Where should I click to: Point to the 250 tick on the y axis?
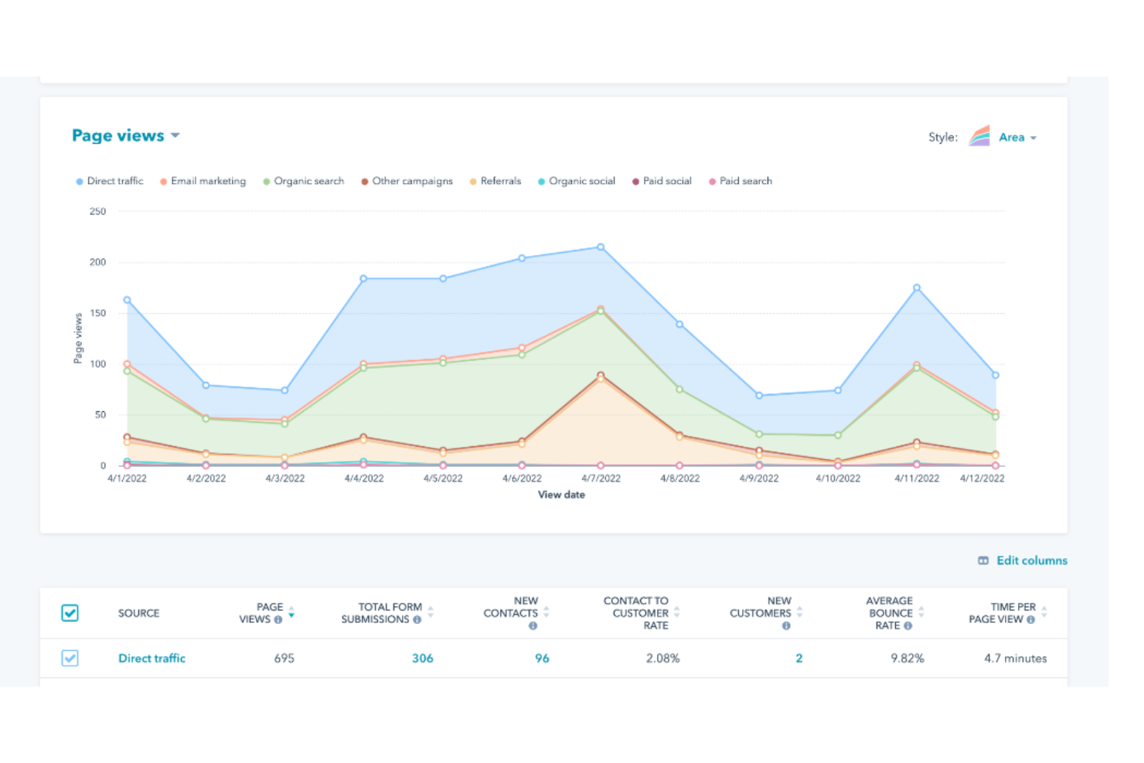click(x=97, y=211)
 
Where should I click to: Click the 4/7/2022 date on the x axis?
click(x=601, y=479)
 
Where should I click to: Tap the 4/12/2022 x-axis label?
click(x=982, y=479)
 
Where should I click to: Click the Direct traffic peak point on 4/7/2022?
click(x=601, y=247)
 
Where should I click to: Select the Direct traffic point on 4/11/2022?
click(x=917, y=288)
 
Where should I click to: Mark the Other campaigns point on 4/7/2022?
click(x=601, y=376)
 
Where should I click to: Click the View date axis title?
click(x=561, y=495)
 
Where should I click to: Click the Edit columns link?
click(x=1031, y=560)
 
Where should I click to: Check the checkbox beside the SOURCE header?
click(x=70, y=613)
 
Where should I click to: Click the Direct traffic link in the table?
click(x=152, y=659)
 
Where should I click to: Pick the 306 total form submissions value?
click(x=422, y=659)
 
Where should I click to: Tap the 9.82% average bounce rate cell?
click(x=907, y=659)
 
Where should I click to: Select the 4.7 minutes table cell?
click(x=1015, y=659)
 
